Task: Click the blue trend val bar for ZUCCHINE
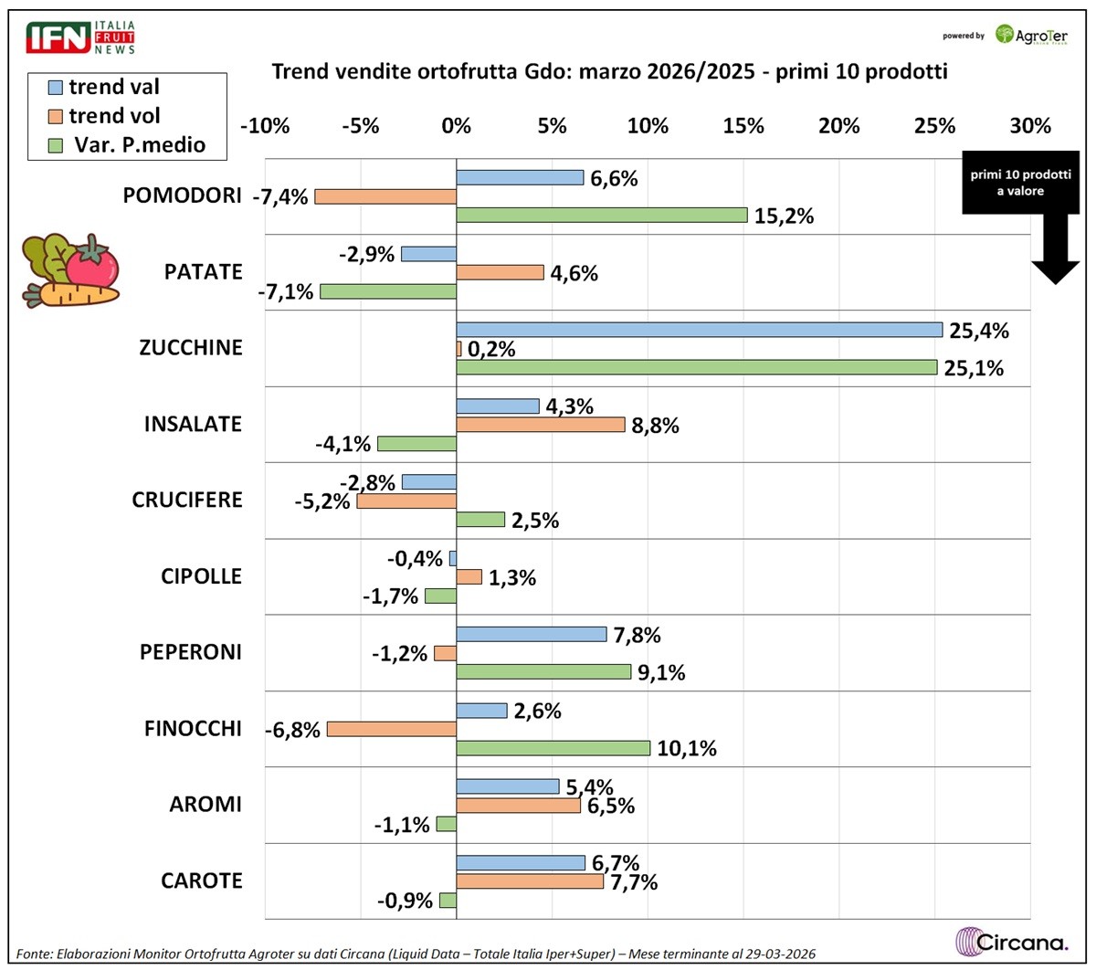click(699, 330)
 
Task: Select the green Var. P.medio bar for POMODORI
click(601, 216)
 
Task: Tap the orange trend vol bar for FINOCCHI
click(391, 729)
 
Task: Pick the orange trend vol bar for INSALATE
click(540, 425)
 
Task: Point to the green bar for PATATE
click(387, 291)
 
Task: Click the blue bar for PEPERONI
click(531, 635)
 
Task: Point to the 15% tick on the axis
click(743, 126)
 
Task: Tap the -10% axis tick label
click(265, 126)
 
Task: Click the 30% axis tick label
click(1029, 126)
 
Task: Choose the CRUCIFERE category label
click(187, 501)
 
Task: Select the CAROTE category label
click(202, 880)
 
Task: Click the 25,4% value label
click(978, 331)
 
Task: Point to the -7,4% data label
click(280, 197)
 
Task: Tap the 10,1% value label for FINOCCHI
click(686, 749)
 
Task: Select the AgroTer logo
click(1031, 36)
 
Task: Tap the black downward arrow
click(1055, 256)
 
